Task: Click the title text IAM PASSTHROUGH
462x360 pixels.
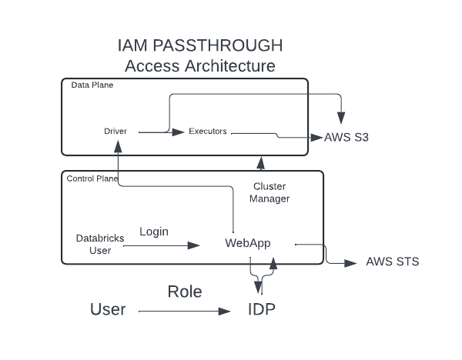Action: point(199,45)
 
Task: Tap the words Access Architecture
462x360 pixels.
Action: point(199,66)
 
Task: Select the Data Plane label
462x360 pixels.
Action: point(92,85)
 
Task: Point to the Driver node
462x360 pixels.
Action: point(115,132)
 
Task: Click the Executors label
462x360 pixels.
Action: point(208,132)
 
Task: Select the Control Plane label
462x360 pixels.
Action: point(92,179)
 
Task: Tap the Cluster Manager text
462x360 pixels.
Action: point(271,192)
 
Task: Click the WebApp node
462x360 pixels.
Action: point(248,243)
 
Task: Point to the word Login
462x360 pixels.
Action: point(154,232)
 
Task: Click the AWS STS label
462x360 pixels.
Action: point(393,262)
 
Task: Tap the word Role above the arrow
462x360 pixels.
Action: point(184,292)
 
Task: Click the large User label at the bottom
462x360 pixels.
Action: point(108,310)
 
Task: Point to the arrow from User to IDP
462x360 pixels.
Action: point(185,311)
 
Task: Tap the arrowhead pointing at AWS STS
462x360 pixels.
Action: point(354,262)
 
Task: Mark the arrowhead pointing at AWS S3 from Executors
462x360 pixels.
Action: point(316,138)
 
